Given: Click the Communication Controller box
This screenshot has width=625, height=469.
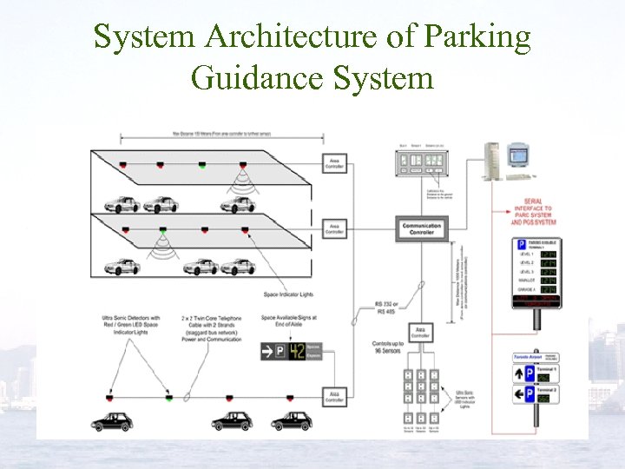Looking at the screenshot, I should [x=421, y=229].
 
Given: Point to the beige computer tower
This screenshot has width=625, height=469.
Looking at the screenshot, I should [x=491, y=162].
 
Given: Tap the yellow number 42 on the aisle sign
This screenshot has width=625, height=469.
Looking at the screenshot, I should [x=296, y=351].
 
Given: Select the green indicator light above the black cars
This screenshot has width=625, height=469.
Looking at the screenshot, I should [x=169, y=397].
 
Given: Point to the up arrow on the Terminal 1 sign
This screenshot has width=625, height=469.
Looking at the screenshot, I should [x=524, y=373].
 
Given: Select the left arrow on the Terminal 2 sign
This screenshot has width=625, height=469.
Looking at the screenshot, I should [x=524, y=394].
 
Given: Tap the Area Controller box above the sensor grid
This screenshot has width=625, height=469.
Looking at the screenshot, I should [x=419, y=334].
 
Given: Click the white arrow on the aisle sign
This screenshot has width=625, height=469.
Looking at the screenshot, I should [x=268, y=351].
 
